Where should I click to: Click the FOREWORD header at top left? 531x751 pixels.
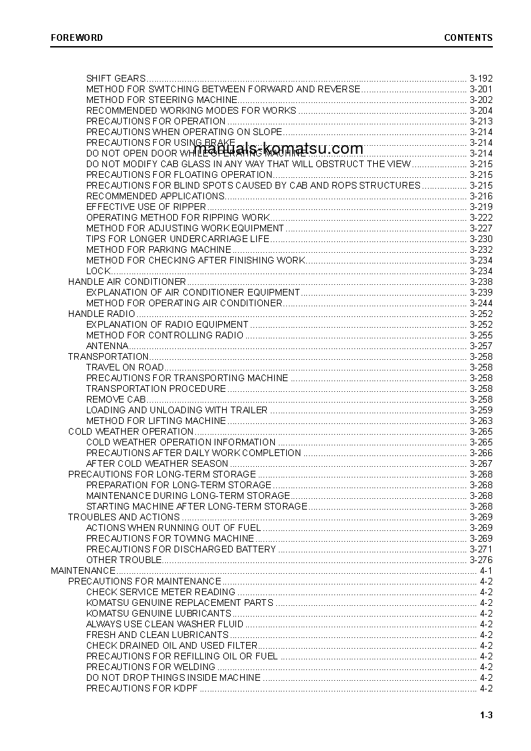77,37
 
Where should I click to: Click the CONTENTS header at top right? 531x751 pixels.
468,37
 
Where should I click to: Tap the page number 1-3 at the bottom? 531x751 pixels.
486,716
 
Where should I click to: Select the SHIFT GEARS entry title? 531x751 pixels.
116,78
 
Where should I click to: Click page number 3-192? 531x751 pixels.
481,78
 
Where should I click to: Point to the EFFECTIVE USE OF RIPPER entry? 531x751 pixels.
146,207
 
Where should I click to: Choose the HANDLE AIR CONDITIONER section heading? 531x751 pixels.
127,282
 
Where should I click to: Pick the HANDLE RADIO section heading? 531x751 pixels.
102,314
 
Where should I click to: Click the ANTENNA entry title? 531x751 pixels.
107,346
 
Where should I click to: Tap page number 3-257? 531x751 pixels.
481,346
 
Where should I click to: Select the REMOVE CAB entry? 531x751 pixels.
116,399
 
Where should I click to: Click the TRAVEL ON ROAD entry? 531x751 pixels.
124,367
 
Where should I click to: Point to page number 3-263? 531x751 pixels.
481,421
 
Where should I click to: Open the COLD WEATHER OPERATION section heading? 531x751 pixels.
130,431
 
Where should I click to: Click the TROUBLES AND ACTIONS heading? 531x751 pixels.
124,517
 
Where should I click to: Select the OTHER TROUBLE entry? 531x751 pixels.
124,560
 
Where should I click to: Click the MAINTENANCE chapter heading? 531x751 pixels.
83,570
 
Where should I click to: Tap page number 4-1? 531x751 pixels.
486,570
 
